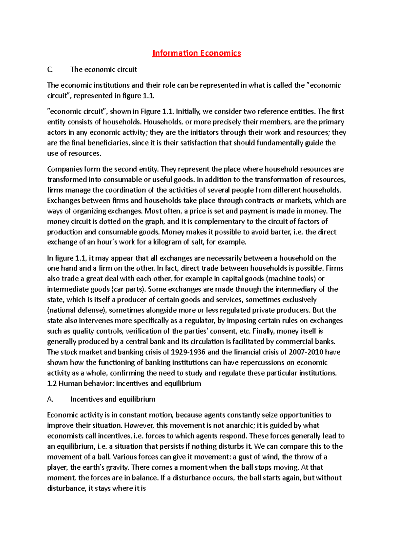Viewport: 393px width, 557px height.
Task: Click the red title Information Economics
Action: pyautogui.click(x=196, y=53)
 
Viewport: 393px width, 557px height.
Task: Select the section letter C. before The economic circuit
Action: pyautogui.click(x=50, y=70)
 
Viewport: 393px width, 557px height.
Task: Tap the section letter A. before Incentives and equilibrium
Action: pyautogui.click(x=50, y=399)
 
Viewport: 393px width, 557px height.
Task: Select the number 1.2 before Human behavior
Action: pyautogui.click(x=52, y=383)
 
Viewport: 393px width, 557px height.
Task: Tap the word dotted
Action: pyautogui.click(x=120, y=221)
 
